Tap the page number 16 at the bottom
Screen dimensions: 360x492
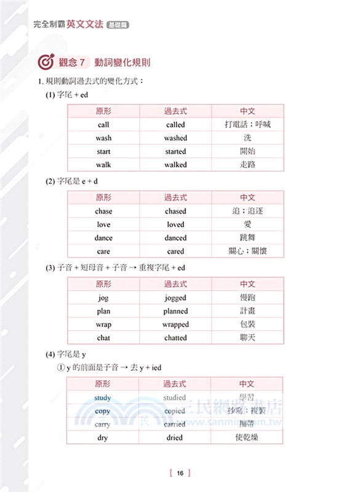pos(180,473)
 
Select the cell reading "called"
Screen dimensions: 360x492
pos(175,125)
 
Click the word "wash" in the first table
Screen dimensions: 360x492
pos(103,138)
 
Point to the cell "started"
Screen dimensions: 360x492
pos(175,151)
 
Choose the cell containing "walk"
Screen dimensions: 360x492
pos(103,165)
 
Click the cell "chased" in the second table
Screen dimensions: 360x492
pos(175,212)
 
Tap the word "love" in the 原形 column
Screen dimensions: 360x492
pos(103,225)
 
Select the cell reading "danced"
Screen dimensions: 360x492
pos(175,238)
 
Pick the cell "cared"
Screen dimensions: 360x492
pos(175,252)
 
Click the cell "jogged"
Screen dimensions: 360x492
pos(175,298)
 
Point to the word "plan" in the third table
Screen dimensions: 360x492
pos(103,311)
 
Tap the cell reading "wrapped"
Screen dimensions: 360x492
pos(175,325)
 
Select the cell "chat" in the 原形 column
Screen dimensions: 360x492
pos(103,338)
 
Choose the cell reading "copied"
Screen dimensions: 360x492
pos(175,411)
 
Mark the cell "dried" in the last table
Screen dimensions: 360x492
pos(175,438)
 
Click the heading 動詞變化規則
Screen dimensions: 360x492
pos(123,63)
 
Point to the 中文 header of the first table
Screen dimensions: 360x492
pos(247,111)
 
